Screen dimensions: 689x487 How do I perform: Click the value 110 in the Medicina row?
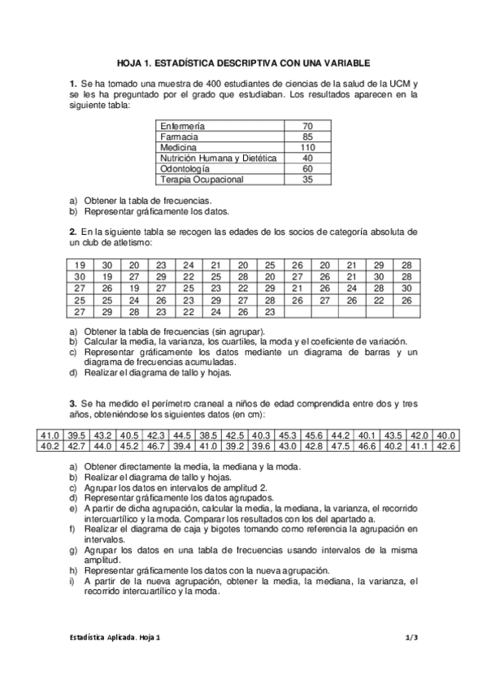pos(307,148)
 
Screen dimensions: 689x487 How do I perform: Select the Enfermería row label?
pos(183,127)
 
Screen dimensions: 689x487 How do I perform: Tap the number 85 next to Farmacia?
pos(307,137)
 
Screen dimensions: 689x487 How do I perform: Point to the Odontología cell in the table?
pos(186,168)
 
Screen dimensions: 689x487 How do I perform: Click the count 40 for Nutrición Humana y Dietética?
pos(307,158)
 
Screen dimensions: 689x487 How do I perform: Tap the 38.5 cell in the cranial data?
pos(209,435)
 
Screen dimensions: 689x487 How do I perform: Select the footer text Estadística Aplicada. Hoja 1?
pos(114,638)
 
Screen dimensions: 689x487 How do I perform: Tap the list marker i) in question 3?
pos(72,582)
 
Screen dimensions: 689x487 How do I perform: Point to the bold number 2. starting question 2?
pos(73,232)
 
